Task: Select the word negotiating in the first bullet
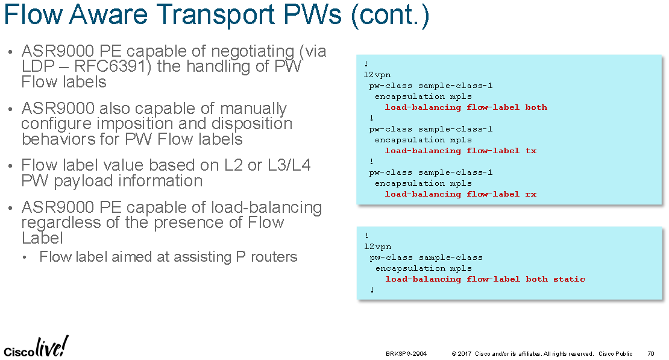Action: tap(253, 52)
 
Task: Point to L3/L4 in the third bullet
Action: tap(289, 165)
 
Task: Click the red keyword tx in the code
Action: tap(531, 151)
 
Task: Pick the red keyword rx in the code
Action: tap(531, 194)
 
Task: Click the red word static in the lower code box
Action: tap(569, 279)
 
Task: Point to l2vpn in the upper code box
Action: tap(377, 75)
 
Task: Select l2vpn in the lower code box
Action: tap(377, 247)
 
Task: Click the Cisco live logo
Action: tap(36, 347)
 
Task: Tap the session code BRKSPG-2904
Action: tap(406, 353)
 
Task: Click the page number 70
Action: tap(651, 353)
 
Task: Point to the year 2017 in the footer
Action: tap(465, 353)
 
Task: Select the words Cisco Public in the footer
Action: tap(615, 353)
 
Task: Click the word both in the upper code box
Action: tap(536, 107)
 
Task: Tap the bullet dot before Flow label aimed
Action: tap(25, 257)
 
